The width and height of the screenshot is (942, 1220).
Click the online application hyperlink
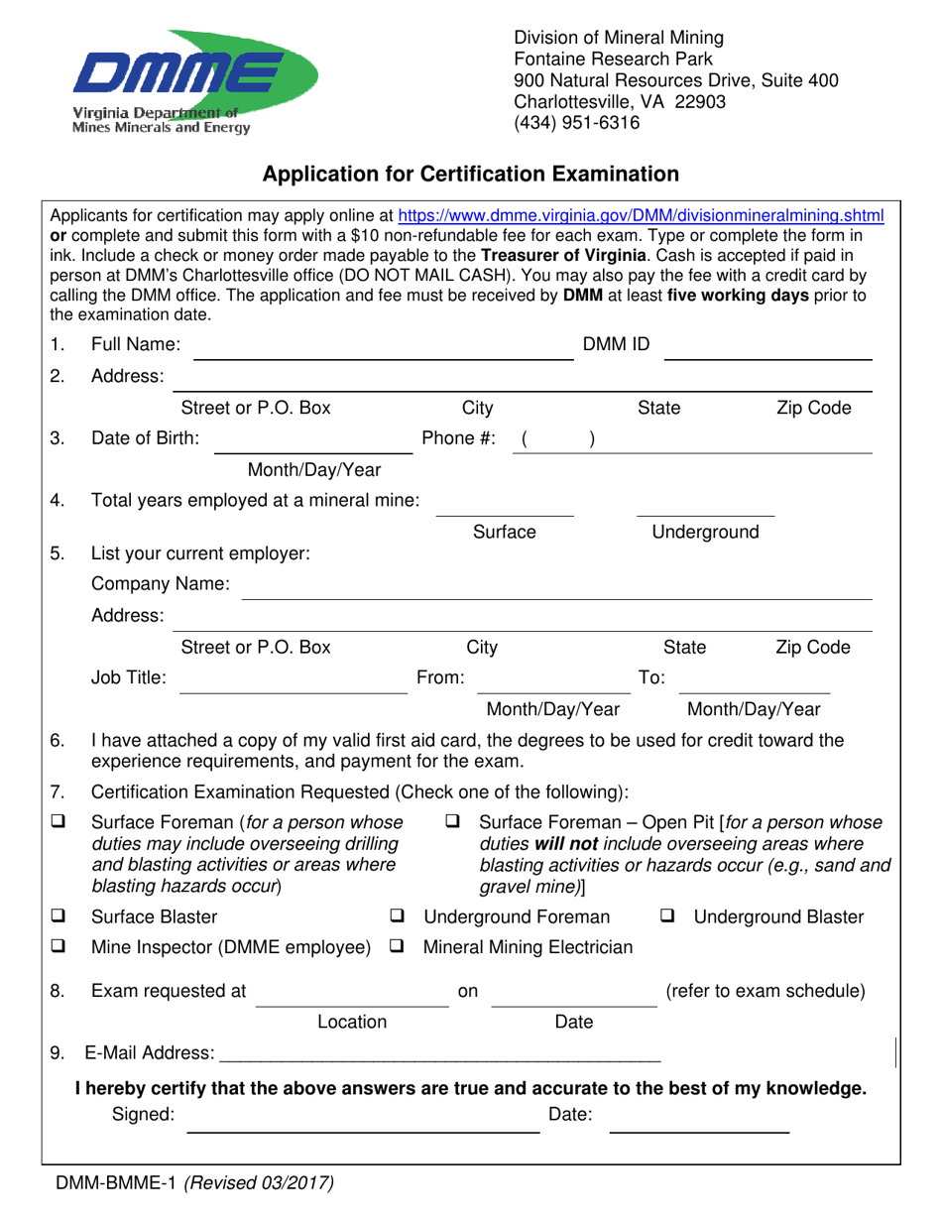coord(641,214)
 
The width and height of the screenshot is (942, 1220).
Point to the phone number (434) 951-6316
coord(576,124)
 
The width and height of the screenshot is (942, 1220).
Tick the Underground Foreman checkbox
coord(398,916)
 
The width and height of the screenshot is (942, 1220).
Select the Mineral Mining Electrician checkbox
coord(398,948)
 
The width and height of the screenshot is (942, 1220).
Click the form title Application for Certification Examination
coord(470,175)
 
